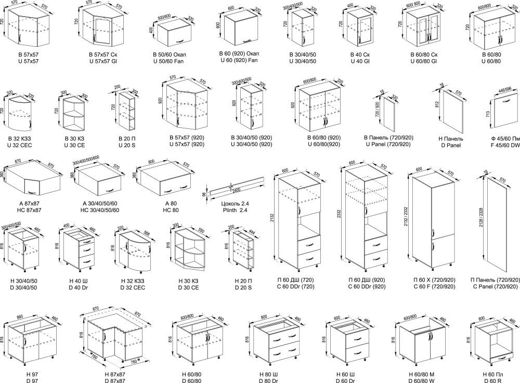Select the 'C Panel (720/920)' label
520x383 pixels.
(495, 286)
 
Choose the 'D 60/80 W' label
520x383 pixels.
(422, 381)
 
